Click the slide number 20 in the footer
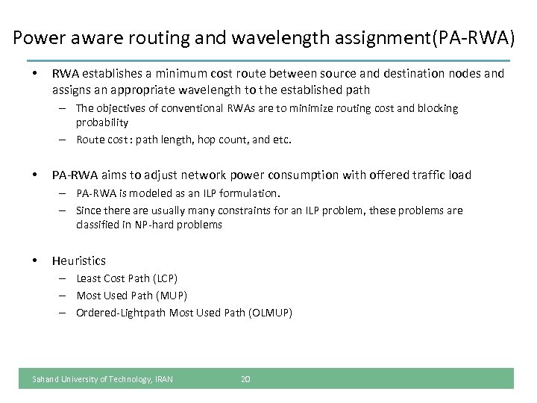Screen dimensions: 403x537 coord(245,379)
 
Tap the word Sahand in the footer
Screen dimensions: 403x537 coord(45,379)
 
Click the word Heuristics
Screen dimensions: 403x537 coord(78,260)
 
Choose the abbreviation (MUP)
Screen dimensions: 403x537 coord(173,296)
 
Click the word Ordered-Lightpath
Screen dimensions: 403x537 coord(121,313)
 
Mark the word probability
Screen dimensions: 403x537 coord(102,122)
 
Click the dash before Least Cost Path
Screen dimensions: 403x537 coord(66,278)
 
